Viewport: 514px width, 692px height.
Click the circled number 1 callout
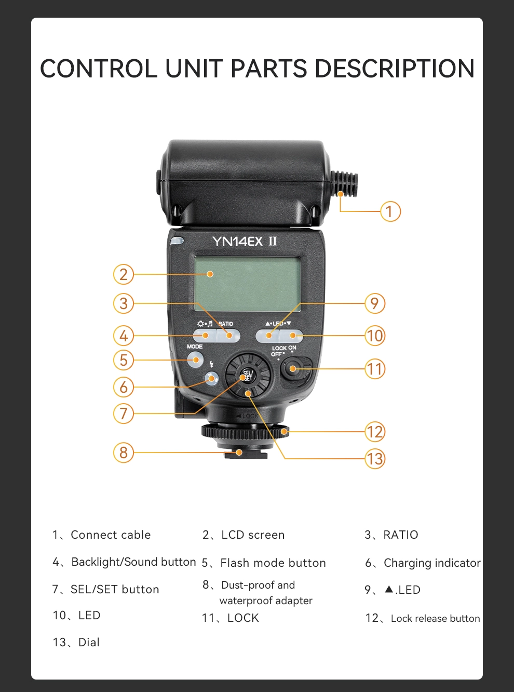point(390,211)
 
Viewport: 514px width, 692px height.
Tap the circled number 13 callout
point(375,459)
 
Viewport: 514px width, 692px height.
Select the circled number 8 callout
point(124,452)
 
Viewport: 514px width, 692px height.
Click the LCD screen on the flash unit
point(247,284)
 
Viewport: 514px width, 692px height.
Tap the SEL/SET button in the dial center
point(248,376)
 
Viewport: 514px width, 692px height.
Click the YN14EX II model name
point(245,241)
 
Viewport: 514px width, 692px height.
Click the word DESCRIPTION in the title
point(394,68)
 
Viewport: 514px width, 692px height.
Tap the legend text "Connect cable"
point(111,535)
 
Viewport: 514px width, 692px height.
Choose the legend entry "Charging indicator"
point(432,563)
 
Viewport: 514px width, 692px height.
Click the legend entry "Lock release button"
point(436,618)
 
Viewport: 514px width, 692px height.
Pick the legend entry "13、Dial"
point(76,643)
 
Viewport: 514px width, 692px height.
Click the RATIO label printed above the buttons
point(225,324)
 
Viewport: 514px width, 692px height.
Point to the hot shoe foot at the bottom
point(246,454)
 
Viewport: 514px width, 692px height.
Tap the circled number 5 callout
point(124,360)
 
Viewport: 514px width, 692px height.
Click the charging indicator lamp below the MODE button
point(211,379)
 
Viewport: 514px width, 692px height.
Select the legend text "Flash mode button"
point(273,563)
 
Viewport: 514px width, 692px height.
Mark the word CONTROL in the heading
point(99,68)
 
